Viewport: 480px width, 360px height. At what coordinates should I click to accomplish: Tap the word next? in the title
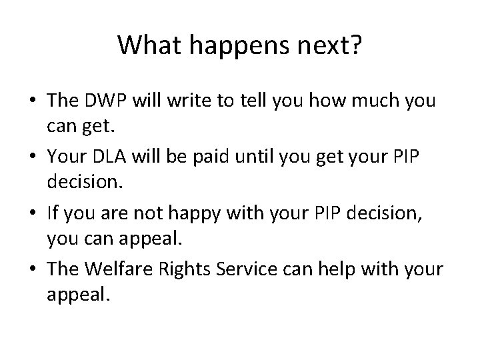[x=329, y=47]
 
